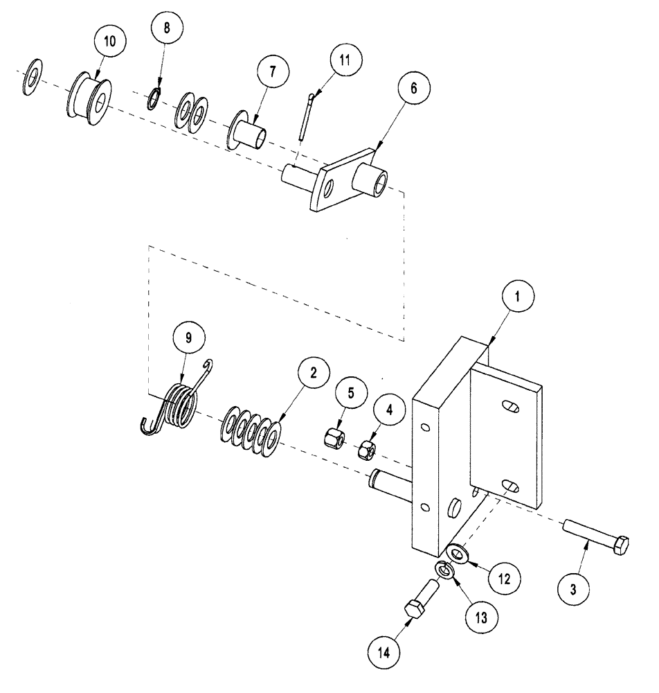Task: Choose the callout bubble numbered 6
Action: point(414,89)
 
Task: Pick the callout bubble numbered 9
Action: point(186,339)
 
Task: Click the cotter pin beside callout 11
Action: point(305,119)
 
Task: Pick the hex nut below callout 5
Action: point(334,437)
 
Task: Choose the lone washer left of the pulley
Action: point(32,77)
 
